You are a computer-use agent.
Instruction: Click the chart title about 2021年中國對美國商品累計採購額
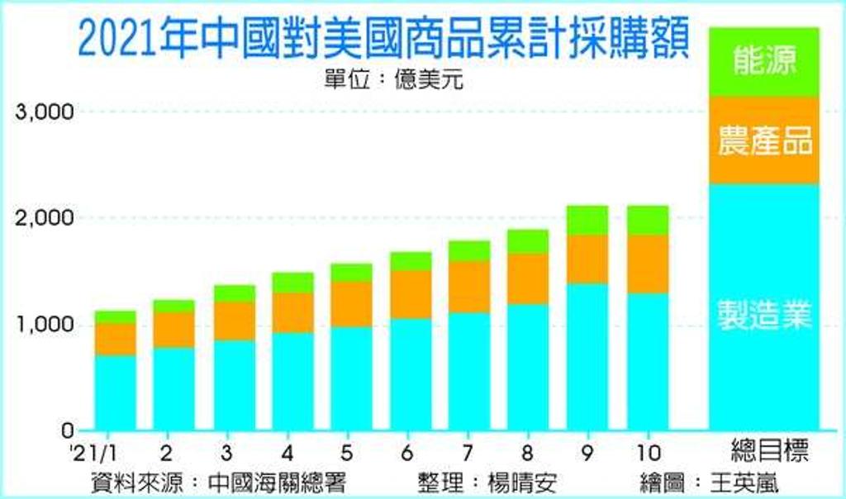pos(383,38)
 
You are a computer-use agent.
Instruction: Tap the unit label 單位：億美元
pos(394,80)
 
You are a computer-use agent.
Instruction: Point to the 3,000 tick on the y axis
pos(45,112)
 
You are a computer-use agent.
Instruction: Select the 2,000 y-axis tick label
pos(45,217)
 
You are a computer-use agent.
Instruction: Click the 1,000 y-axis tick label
pos(45,324)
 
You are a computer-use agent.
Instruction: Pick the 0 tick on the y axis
pos(68,430)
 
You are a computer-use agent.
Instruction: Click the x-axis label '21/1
pos(94,453)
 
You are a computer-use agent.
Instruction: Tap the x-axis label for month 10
pos(649,453)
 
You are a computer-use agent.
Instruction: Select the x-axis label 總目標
pos(769,451)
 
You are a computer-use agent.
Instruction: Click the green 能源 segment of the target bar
pos(764,62)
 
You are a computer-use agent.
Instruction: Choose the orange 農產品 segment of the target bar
pos(764,140)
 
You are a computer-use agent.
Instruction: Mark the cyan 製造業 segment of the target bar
pos(764,307)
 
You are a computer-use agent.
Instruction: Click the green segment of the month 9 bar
pos(587,220)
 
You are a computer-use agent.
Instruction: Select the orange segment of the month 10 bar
pos(648,264)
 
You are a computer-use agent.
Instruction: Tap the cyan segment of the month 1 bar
pos(116,392)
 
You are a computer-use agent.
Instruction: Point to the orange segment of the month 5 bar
pos(351,304)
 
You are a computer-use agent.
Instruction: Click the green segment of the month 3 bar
pos(235,293)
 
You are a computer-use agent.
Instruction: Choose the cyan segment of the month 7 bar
pos(469,372)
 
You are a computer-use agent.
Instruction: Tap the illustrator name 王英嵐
pos(744,482)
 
